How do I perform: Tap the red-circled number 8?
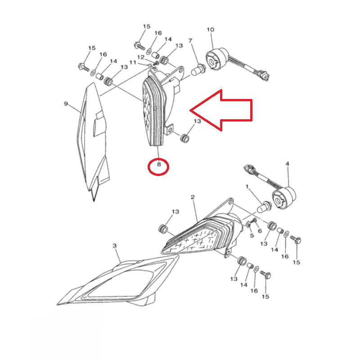159,164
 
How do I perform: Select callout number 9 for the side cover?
66,104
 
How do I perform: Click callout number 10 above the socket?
211,30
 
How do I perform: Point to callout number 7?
190,40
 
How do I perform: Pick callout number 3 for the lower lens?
115,246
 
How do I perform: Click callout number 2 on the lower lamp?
193,197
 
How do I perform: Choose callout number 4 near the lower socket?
287,164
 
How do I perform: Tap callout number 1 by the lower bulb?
247,187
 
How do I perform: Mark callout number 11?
133,63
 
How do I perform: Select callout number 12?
141,57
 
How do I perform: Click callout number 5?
252,235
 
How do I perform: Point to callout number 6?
260,231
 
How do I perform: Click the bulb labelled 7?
198,70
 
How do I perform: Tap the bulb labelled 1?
264,207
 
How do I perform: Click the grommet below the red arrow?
185,139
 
